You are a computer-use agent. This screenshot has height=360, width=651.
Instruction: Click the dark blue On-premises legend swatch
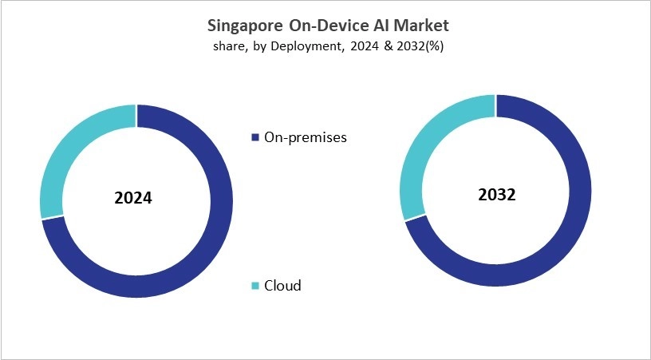coord(255,137)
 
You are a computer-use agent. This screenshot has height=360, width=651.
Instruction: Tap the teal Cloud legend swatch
coord(255,286)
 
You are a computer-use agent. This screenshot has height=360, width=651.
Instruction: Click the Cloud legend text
coord(282,286)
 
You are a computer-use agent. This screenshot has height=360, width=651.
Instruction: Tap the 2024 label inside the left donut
coord(133,198)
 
